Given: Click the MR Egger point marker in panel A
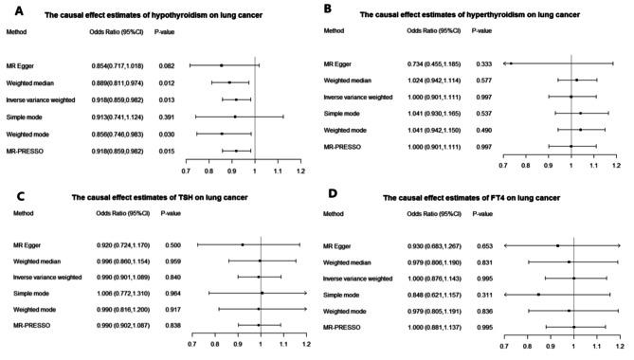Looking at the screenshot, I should click(221, 65).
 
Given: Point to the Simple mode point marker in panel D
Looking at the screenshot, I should click(538, 294).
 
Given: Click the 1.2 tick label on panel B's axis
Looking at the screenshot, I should click(618, 165).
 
